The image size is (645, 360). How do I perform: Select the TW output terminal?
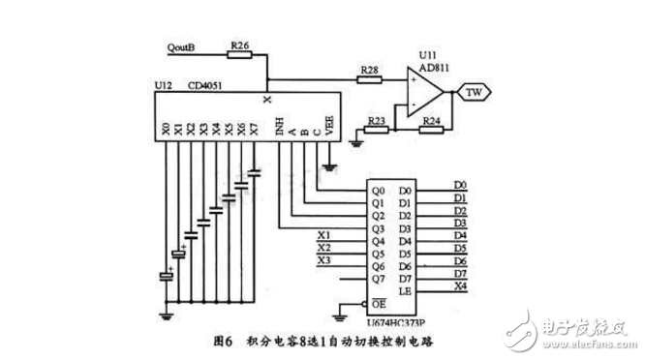476,92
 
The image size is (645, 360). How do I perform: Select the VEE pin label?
329,127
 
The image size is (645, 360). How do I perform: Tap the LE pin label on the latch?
405,290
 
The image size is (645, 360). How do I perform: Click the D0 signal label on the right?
460,184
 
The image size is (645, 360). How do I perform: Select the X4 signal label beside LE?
460,285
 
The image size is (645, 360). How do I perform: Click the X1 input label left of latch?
324,234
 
